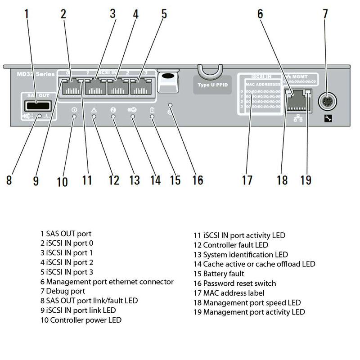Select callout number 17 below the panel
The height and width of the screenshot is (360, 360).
pyautogui.click(x=247, y=180)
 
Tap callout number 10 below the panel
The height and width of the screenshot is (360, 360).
pyautogui.click(x=62, y=181)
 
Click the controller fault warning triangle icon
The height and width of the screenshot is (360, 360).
pyautogui.click(x=94, y=110)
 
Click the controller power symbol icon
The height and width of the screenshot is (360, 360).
pyautogui.click(x=74, y=110)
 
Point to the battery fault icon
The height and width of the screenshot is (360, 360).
pyautogui.click(x=152, y=110)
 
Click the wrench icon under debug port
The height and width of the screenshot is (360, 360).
pyautogui.click(x=327, y=120)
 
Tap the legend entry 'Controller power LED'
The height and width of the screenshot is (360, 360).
pyautogui.click(x=81, y=320)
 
